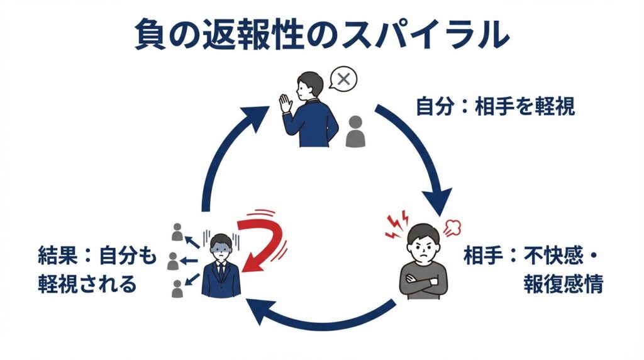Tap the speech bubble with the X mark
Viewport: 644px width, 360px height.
point(343,80)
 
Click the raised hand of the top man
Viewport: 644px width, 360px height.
point(287,104)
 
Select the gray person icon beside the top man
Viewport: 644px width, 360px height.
point(355,132)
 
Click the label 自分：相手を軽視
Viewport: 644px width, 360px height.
point(496,106)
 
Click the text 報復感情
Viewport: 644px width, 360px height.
point(563,284)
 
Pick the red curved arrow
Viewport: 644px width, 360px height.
point(264,242)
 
